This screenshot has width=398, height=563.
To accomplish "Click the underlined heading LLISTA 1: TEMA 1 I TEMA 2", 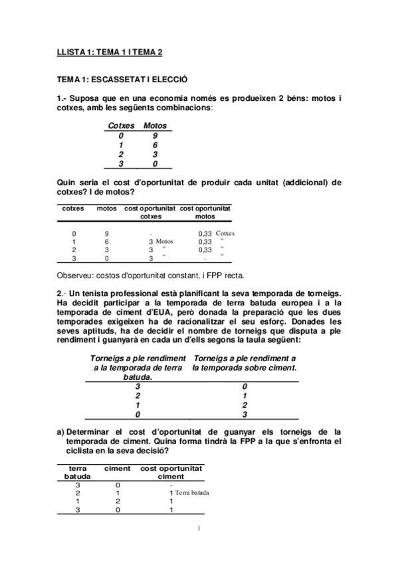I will pyautogui.click(x=110, y=51).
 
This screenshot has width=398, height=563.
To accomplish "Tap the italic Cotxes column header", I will pyautogui.click(x=121, y=125).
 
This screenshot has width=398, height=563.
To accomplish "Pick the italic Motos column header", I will pyautogui.click(x=155, y=125).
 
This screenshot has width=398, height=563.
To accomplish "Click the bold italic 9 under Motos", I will pyautogui.click(x=155, y=135).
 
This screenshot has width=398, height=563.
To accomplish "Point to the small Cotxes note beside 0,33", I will pyautogui.click(x=225, y=233).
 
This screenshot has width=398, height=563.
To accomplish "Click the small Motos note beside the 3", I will pyautogui.click(x=164, y=242).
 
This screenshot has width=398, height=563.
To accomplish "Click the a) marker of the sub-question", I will pyautogui.click(x=60, y=432).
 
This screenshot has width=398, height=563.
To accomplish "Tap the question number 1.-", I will pyautogui.click(x=61, y=99).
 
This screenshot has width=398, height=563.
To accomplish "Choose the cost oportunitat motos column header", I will pyautogui.click(x=205, y=212).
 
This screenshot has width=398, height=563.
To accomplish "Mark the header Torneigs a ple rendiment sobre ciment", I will pyautogui.click(x=244, y=362).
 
